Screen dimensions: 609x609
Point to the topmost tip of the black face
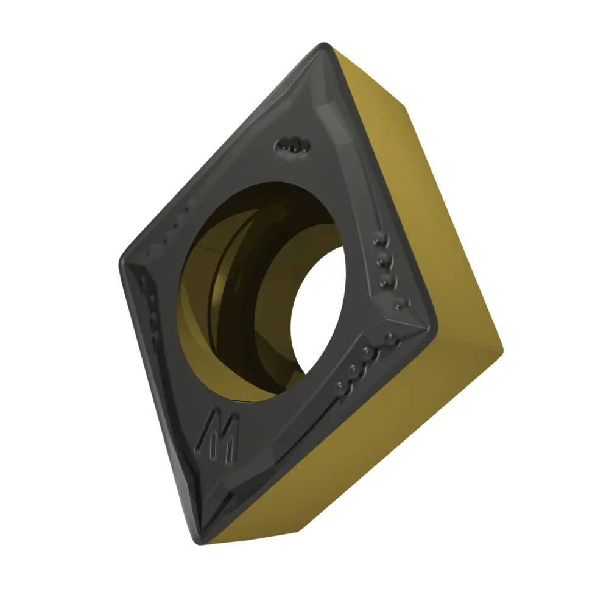[323, 43]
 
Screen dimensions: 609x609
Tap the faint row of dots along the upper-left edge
[169, 230]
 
